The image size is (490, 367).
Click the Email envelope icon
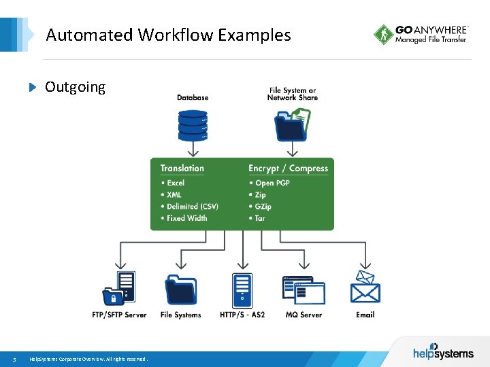(365, 286)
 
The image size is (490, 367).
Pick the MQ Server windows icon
(304, 290)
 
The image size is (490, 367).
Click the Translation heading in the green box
(182, 168)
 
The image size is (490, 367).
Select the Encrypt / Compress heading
(288, 168)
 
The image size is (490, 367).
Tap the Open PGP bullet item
(272, 183)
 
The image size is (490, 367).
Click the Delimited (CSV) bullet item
(192, 207)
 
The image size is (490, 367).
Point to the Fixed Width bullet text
(186, 218)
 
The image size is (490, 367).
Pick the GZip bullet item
(263, 207)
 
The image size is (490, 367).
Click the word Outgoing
(75, 87)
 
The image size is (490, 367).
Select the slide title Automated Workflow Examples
(168, 35)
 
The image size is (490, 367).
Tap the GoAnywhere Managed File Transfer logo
(421, 35)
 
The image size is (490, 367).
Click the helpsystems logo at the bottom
(441, 352)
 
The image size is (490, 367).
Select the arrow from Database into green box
(193, 148)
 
